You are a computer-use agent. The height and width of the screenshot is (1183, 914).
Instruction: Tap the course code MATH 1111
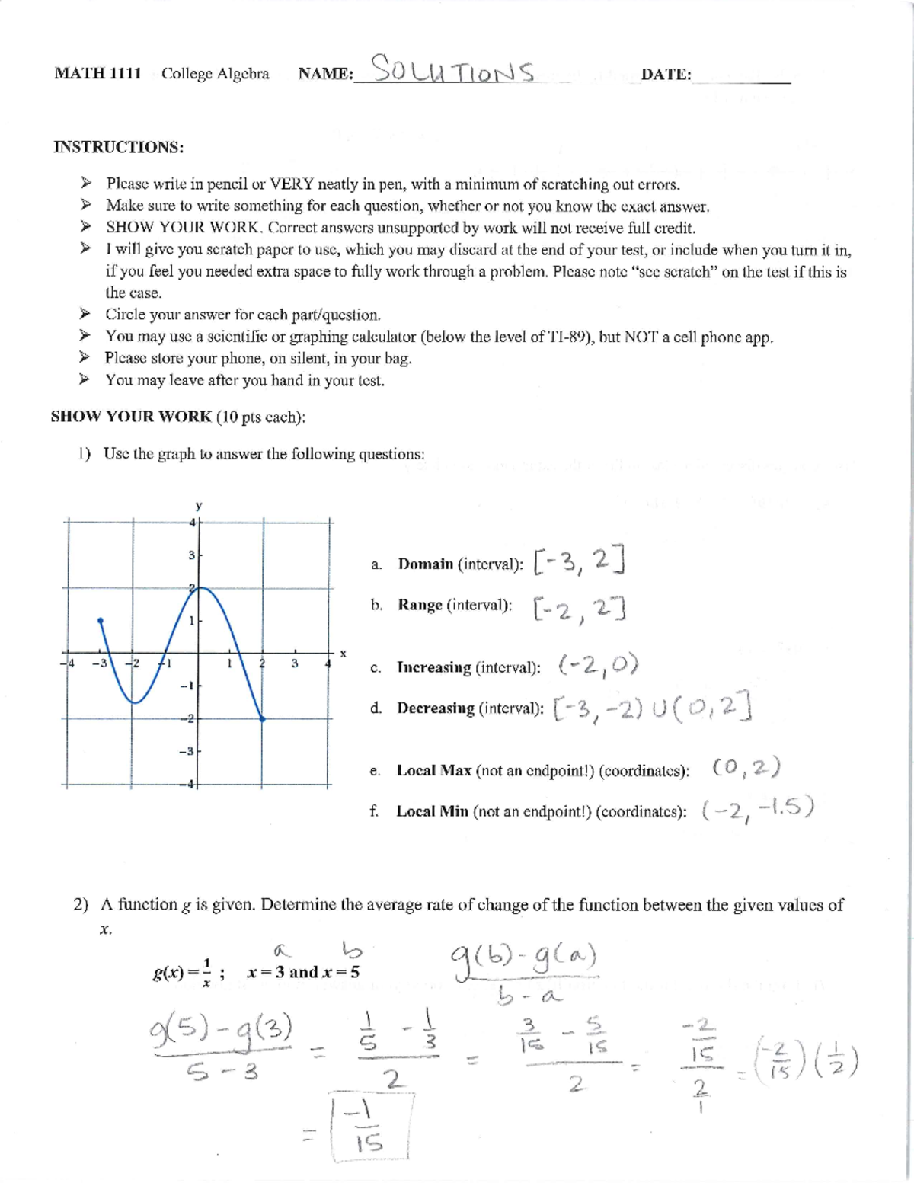tap(97, 74)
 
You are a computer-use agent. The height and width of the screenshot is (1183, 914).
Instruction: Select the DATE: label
tap(666, 75)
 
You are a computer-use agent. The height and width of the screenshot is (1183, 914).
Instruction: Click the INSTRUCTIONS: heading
tap(118, 147)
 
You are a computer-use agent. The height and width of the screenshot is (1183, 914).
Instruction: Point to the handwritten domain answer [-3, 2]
tap(580, 562)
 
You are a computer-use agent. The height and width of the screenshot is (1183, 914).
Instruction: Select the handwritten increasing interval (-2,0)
tap(598, 666)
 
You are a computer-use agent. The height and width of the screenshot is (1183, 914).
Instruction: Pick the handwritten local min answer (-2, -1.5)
tap(757, 808)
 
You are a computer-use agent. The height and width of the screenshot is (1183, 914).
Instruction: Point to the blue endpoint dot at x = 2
tap(263, 718)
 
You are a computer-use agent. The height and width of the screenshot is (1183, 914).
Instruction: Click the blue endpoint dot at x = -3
tap(101, 622)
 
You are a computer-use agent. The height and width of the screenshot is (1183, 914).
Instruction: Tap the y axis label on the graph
tap(199, 505)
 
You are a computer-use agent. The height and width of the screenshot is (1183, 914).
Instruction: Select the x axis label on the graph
tap(343, 653)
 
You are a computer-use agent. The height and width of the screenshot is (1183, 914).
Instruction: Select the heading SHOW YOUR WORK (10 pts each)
tap(178, 417)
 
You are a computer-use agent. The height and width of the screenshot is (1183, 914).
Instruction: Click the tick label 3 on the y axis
tap(191, 555)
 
